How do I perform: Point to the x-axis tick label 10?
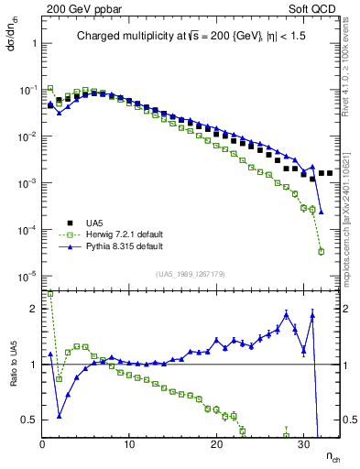(x=129, y=445)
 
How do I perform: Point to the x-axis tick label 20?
(x=216, y=445)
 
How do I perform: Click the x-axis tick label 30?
(x=303, y=445)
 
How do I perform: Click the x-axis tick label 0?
(x=42, y=445)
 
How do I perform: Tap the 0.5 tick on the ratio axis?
(x=29, y=420)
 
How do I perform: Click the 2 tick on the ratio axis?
(x=33, y=309)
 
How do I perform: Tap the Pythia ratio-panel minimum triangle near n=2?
(x=60, y=415)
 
